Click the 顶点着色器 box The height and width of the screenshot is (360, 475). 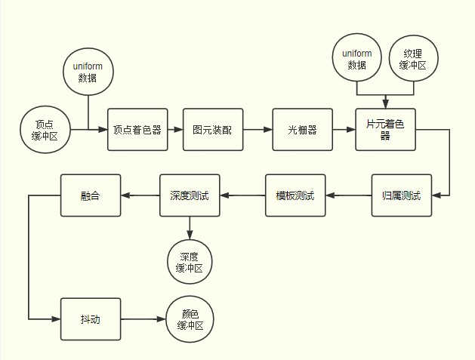tap(137, 129)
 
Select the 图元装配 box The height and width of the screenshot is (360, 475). tap(212, 129)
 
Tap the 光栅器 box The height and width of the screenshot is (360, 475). tap(302, 129)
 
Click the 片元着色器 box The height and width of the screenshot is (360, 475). tap(385, 129)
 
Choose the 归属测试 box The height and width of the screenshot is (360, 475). tap(402, 195)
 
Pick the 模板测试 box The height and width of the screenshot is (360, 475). tap(295, 195)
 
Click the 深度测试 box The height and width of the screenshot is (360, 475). tap(189, 195)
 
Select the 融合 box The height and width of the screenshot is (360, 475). tap(90, 195)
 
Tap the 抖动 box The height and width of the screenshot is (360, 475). tap(90, 319)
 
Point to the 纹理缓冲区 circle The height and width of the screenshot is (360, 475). tap(413, 60)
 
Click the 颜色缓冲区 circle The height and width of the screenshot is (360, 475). tap(190, 319)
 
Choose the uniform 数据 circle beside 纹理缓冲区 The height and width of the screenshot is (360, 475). tap(357, 60)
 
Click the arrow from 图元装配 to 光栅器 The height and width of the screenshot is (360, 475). tap(257, 129)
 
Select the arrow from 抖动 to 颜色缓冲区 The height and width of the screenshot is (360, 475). tap(143, 319)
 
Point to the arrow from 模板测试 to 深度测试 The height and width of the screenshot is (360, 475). tap(242, 195)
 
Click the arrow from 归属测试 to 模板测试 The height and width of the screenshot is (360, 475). tap(348, 195)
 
